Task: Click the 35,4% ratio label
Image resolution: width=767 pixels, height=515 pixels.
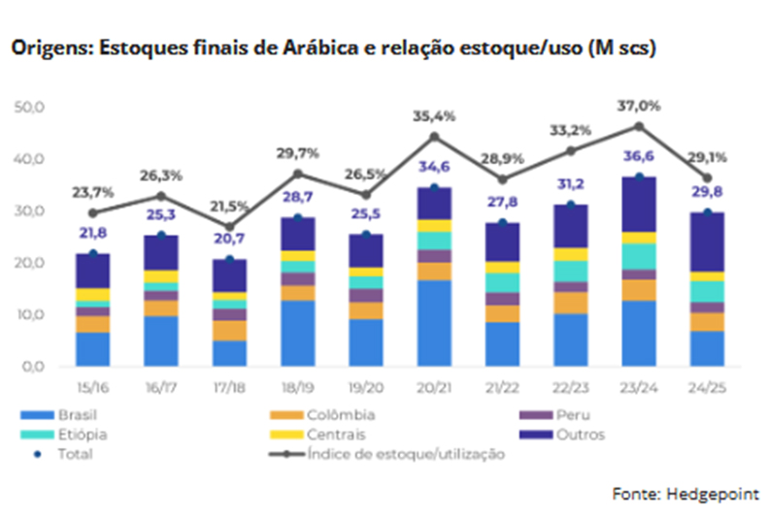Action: (434, 116)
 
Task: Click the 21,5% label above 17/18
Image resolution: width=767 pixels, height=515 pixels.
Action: (229, 207)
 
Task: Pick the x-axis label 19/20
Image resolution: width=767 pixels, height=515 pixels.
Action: (366, 386)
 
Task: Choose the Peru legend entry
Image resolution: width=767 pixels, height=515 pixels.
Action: (583, 416)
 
